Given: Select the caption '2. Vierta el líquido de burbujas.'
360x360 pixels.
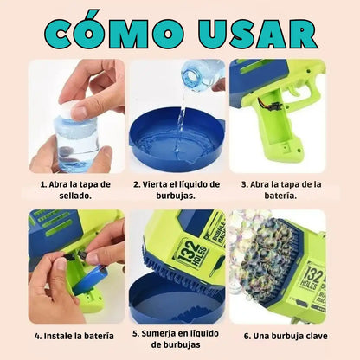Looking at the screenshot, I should click(177, 190).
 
